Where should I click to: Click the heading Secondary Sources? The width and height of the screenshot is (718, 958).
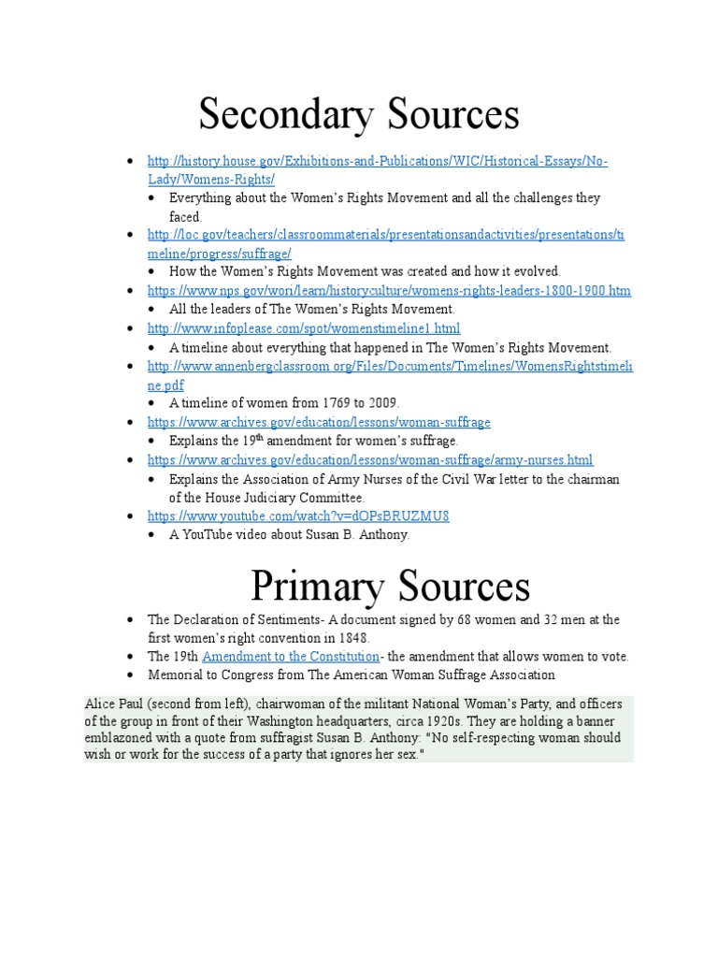(x=358, y=115)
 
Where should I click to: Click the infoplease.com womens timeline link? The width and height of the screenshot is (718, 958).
(x=304, y=328)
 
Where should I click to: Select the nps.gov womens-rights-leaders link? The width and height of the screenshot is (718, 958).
(x=389, y=291)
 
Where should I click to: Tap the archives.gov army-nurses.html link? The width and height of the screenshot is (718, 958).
(x=370, y=459)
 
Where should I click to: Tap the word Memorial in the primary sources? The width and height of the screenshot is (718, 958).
(x=176, y=675)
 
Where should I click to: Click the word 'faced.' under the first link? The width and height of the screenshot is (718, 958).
(x=185, y=216)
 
